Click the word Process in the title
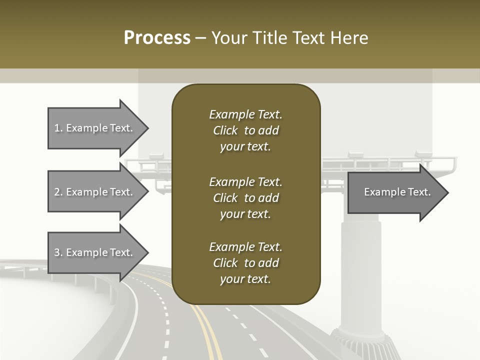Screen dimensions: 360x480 point(157,38)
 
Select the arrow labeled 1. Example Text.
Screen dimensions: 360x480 point(95,128)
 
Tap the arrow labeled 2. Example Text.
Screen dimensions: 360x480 point(95,192)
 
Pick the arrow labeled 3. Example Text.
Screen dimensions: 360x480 point(95,252)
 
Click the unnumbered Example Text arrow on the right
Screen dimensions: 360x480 point(395,192)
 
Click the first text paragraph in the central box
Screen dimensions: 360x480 point(245,130)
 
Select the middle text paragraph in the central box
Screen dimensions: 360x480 point(245,198)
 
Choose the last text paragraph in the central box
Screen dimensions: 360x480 point(245,263)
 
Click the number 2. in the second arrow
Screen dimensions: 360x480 point(58,192)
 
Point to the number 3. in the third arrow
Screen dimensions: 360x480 point(58,252)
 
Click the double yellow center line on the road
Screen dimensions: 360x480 point(207,330)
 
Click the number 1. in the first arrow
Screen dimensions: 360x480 point(58,128)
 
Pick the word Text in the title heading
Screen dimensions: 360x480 point(308,38)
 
